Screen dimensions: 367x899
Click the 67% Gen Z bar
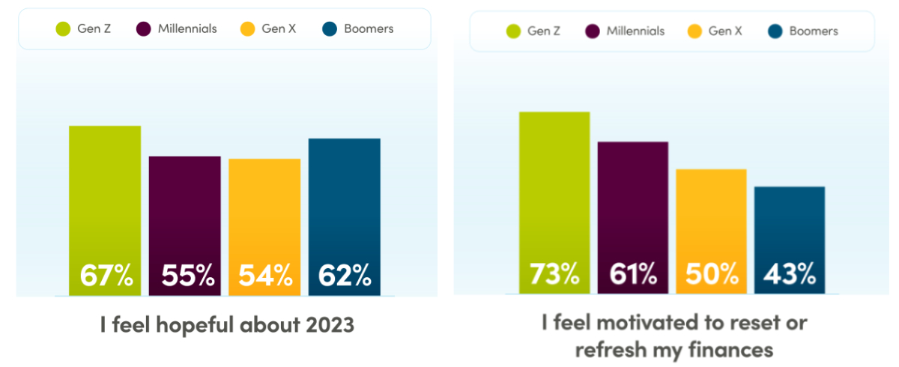click(x=105, y=210)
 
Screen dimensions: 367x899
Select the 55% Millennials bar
click(x=185, y=225)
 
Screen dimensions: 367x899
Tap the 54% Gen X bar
click(x=264, y=227)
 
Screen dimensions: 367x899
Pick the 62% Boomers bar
click(x=345, y=216)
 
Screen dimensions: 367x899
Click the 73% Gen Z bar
click(x=554, y=203)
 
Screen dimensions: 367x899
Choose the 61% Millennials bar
click(x=633, y=218)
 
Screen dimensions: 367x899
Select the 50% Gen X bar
click(x=711, y=231)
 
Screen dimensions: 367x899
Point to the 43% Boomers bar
click(x=790, y=240)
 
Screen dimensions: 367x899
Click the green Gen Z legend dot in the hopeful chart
click(x=64, y=29)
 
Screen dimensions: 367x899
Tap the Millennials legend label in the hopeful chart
click(x=187, y=29)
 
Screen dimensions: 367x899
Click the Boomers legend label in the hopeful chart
click(x=369, y=29)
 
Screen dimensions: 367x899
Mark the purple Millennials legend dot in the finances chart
click(x=593, y=31)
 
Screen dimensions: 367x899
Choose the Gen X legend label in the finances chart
click(x=725, y=31)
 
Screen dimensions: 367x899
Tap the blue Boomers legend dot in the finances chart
click(x=775, y=31)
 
